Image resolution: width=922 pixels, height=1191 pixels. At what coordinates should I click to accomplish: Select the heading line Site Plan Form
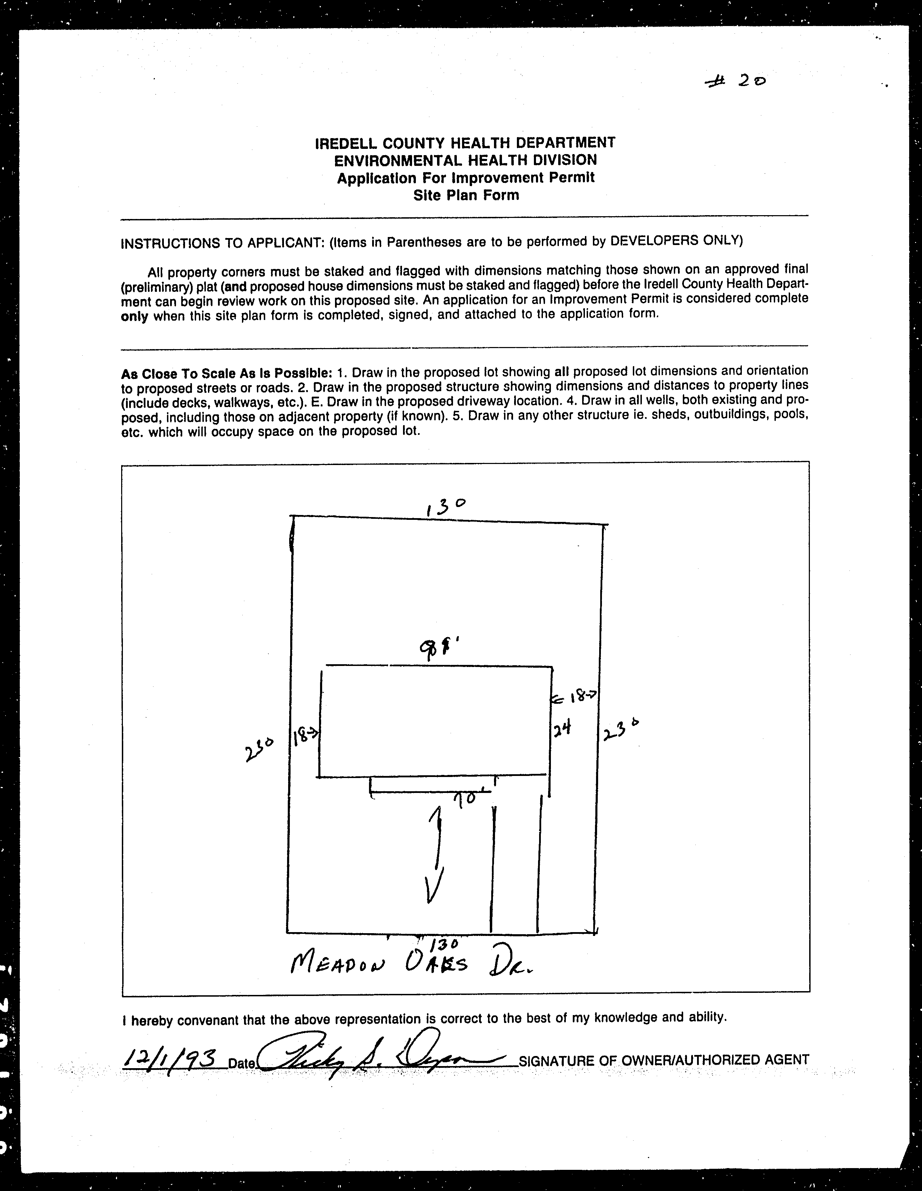point(466,195)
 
